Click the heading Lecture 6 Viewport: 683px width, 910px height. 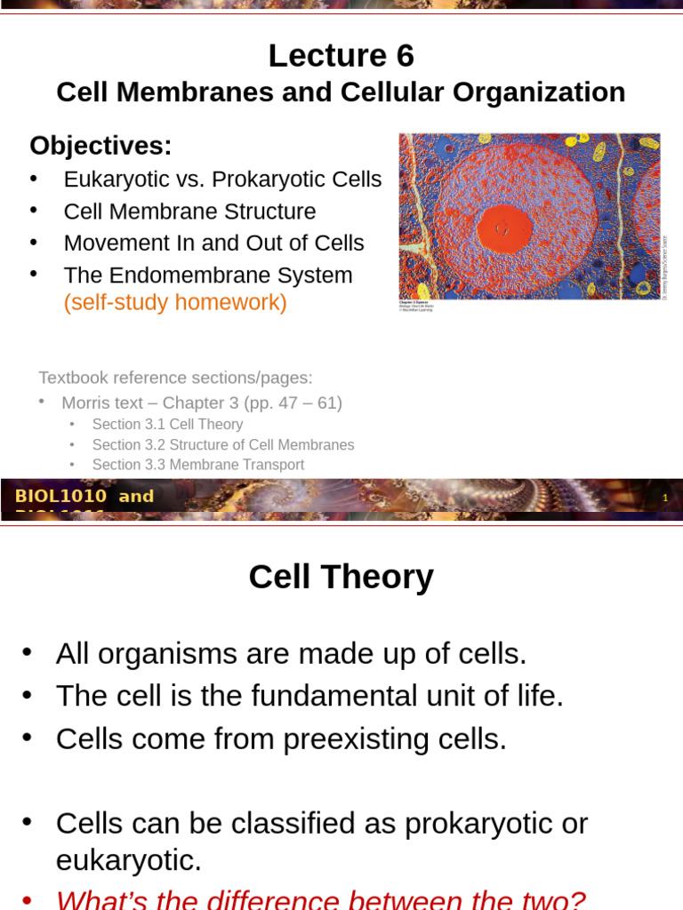tap(341, 56)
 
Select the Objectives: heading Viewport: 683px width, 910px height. tap(100, 145)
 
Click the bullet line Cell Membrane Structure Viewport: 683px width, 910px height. tap(189, 212)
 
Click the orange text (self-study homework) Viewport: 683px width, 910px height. tap(175, 303)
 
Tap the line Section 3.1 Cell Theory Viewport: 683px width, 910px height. tap(167, 425)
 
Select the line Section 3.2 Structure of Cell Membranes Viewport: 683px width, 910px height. tap(222, 445)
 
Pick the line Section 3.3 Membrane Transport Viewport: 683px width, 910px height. tap(197, 465)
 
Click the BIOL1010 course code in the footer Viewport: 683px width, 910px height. tap(60, 497)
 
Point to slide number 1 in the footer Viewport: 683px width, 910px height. tap(663, 499)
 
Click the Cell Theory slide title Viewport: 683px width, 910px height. tap(341, 577)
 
